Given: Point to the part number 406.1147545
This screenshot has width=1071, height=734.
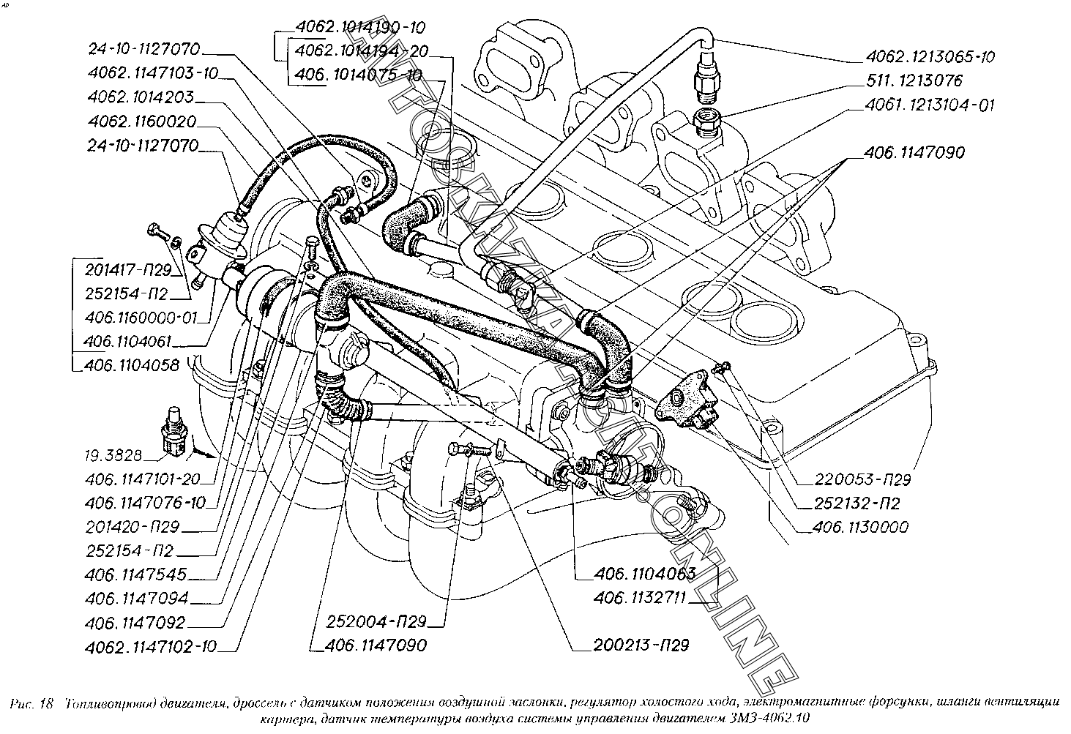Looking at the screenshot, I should point(135,574).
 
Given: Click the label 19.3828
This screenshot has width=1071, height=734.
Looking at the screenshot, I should point(112,456).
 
